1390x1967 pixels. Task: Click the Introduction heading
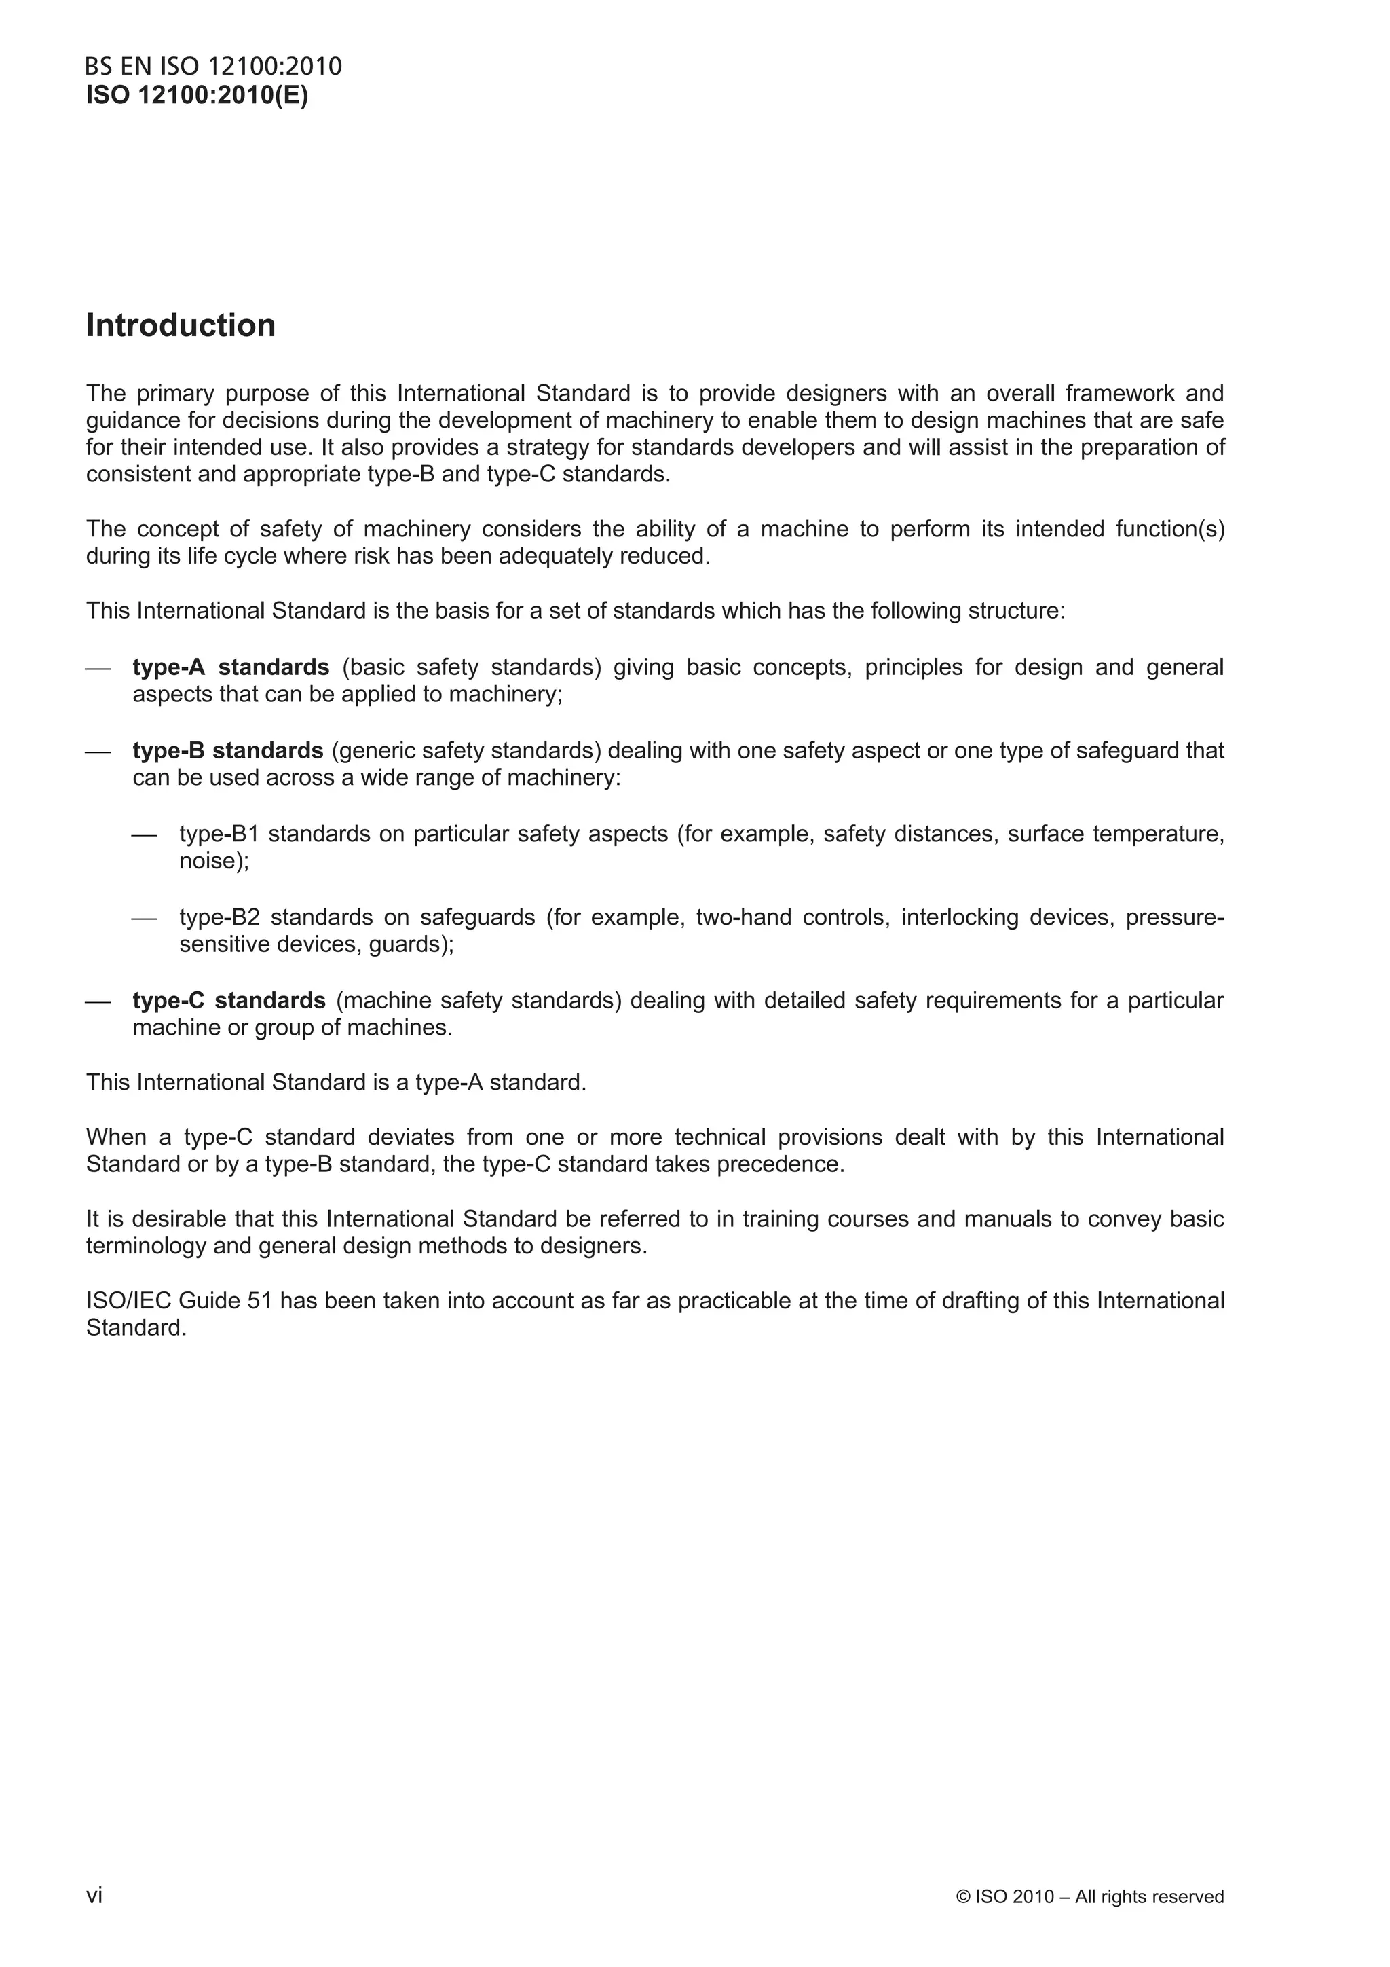pos(181,325)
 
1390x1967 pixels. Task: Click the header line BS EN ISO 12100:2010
pos(213,67)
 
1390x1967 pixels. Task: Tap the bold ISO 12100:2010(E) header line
pos(197,95)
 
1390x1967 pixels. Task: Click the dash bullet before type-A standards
pos(98,668)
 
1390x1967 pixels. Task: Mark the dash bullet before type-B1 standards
pos(145,835)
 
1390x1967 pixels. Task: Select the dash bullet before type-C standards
pos(98,1001)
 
